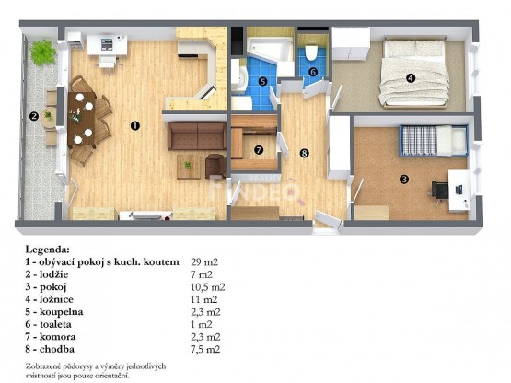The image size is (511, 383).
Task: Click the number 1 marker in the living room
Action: tap(135, 125)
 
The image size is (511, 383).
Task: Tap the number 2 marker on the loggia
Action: tap(34, 116)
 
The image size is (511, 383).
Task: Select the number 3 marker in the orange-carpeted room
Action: tap(404, 179)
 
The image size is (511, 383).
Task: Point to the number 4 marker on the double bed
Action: tap(411, 78)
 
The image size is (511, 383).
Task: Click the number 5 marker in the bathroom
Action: tap(262, 81)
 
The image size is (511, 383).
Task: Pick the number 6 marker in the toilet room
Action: tap(313, 72)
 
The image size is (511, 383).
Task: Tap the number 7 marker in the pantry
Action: tap(259, 150)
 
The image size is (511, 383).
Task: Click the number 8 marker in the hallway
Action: tap(304, 153)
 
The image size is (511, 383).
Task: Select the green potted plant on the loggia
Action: tap(43, 52)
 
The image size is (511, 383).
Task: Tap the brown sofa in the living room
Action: tap(197, 135)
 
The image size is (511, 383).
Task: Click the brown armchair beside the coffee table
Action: tap(215, 166)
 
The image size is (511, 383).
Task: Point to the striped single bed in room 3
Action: tap(434, 141)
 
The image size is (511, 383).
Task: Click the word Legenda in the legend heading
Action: tap(47, 250)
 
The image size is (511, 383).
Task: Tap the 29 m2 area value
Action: tap(204, 262)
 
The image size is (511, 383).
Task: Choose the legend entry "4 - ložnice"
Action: tap(49, 299)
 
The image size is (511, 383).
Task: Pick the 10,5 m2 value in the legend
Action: tap(208, 287)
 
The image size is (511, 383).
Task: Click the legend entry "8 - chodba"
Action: tap(50, 349)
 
